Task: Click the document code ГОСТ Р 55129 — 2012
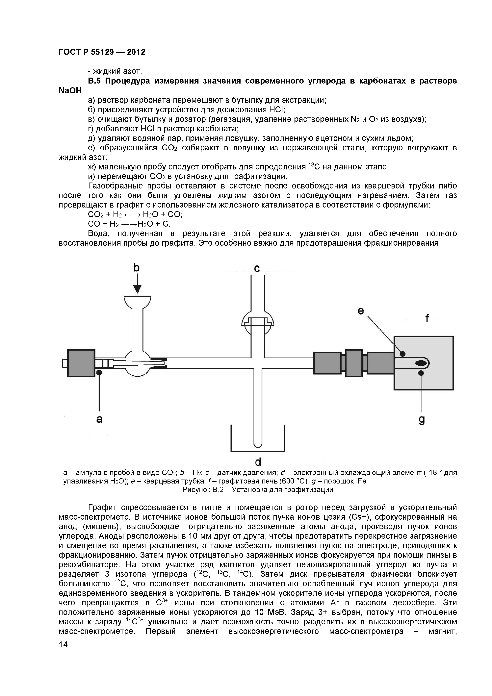[x=102, y=52]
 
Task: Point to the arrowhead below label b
[x=137, y=289]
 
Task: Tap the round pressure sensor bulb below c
[x=258, y=323]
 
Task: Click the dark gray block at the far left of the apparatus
[x=81, y=363]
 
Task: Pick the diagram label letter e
[x=360, y=311]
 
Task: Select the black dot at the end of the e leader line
[x=402, y=354]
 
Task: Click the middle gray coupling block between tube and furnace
[x=354, y=363]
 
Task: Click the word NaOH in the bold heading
[x=70, y=91]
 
